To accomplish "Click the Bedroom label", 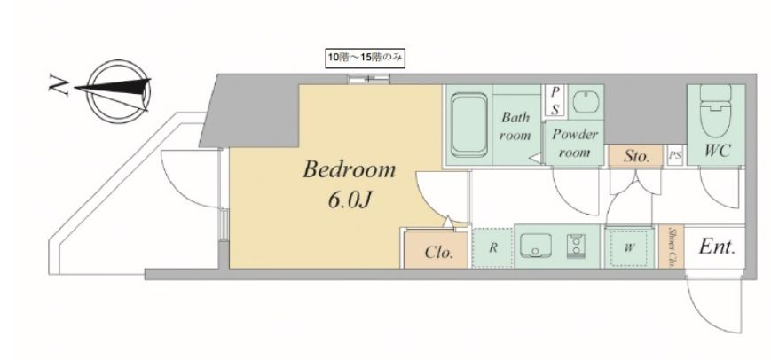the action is [349, 169].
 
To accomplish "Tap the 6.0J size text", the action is [349, 200].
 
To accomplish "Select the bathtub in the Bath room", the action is [468, 126].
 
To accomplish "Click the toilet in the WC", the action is [715, 112].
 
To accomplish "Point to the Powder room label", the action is [574, 143].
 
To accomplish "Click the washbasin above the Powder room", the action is [586, 102].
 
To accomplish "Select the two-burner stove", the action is [576, 246].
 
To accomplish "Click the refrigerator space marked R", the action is [492, 247].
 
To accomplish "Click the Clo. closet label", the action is [438, 253].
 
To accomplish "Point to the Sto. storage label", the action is [636, 157].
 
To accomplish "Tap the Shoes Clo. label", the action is [671, 247].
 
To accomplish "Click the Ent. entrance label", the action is [717, 247].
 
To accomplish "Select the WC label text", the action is [717, 151].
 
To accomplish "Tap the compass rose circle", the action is [118, 91].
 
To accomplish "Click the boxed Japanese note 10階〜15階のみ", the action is [366, 58].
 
